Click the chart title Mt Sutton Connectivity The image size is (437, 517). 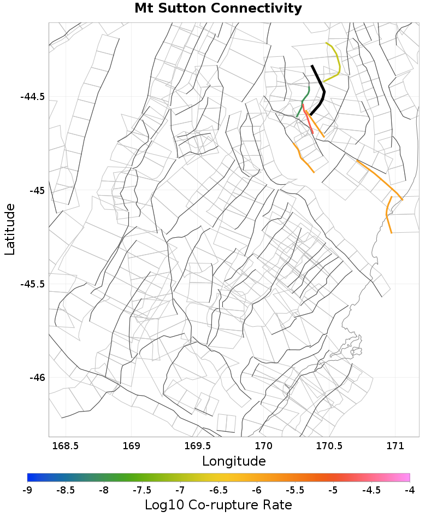pos(218,9)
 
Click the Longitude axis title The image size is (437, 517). pos(234,461)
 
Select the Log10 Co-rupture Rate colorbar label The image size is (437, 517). pos(218,504)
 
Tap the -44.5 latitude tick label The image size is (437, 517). pos(32,97)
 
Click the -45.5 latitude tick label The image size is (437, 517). pos(32,284)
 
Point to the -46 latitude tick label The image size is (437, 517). pos(36,378)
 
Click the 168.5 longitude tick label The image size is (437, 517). pos(65,446)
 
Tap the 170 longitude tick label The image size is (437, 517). pos(264,446)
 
